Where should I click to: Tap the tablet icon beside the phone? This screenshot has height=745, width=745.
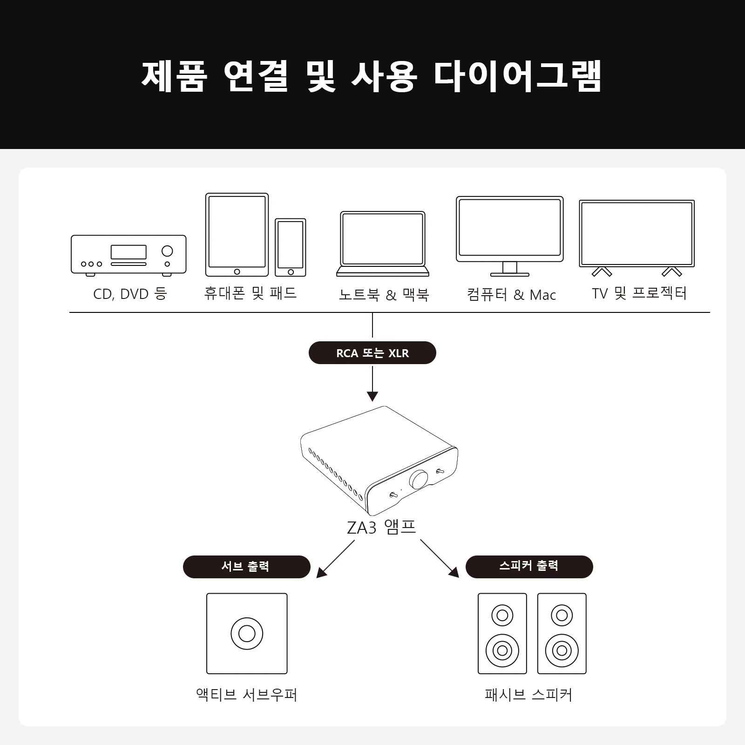point(237,235)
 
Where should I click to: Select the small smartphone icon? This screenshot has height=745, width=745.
point(291,247)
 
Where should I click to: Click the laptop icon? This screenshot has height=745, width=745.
point(383,243)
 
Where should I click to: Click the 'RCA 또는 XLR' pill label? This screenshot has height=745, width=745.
point(372,353)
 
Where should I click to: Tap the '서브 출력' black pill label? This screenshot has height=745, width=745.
point(246,567)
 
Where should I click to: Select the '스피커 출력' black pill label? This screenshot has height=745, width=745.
point(529,567)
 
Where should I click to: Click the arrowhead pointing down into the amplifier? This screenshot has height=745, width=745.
point(372,396)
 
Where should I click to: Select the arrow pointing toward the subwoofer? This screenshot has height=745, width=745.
point(336,559)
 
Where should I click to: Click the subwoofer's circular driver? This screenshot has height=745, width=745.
point(247,634)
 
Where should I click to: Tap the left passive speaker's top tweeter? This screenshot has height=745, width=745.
point(502,615)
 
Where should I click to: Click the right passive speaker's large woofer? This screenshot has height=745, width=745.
point(562,650)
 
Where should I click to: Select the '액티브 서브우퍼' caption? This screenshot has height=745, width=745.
point(246,695)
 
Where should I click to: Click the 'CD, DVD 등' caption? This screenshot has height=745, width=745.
point(129,294)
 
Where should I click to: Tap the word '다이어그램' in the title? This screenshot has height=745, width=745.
point(517,75)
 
